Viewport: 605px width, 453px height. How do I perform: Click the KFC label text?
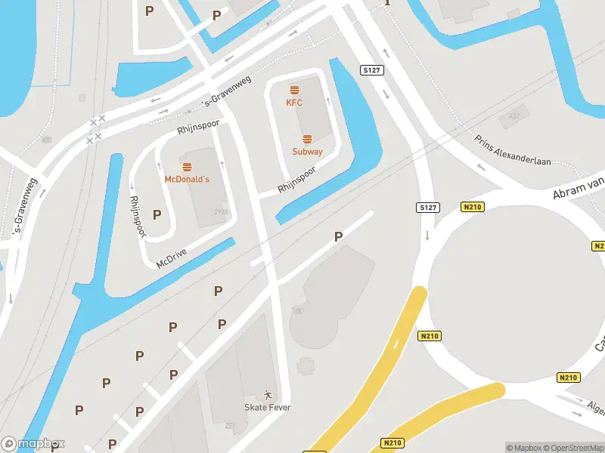click(x=294, y=103)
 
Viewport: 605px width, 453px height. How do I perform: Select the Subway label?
click(x=307, y=152)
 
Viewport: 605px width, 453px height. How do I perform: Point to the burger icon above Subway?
click(x=307, y=139)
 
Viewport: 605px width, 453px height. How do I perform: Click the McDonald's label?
click(x=187, y=180)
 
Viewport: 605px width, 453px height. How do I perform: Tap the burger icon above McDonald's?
click(x=187, y=167)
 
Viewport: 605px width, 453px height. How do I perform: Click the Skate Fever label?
click(x=267, y=408)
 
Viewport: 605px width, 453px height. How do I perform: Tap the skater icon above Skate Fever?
click(x=267, y=395)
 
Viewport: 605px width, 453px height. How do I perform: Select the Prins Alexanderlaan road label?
click(x=513, y=150)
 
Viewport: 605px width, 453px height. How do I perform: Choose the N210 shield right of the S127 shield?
click(x=471, y=207)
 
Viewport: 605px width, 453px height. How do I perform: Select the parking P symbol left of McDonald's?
click(x=157, y=214)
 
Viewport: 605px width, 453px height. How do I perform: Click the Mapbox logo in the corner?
click(x=33, y=445)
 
